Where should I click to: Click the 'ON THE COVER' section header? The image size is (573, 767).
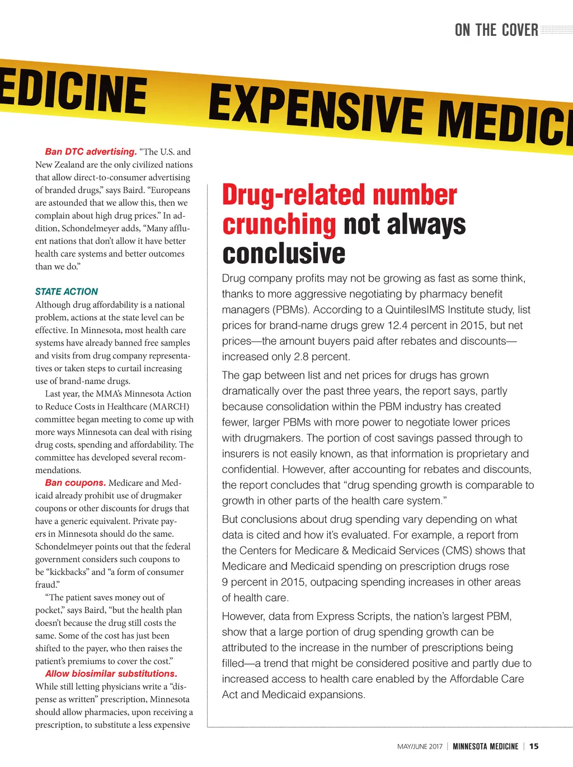click(x=496, y=30)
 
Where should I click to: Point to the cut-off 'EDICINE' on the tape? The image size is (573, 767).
click(x=73, y=93)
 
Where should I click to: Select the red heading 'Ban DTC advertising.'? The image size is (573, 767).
click(x=91, y=152)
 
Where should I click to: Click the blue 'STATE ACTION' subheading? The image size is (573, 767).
click(x=66, y=292)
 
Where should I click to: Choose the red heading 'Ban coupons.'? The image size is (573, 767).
click(x=75, y=483)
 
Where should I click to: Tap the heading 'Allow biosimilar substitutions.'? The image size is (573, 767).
click(x=111, y=674)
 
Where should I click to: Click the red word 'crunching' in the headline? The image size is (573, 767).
click(x=279, y=225)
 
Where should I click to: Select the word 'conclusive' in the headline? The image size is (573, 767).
click(x=284, y=253)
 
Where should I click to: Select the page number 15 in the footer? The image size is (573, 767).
click(x=534, y=746)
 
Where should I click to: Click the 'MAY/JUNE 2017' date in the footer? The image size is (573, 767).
click(x=420, y=746)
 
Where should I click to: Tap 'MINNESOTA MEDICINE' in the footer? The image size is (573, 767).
click(x=485, y=746)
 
